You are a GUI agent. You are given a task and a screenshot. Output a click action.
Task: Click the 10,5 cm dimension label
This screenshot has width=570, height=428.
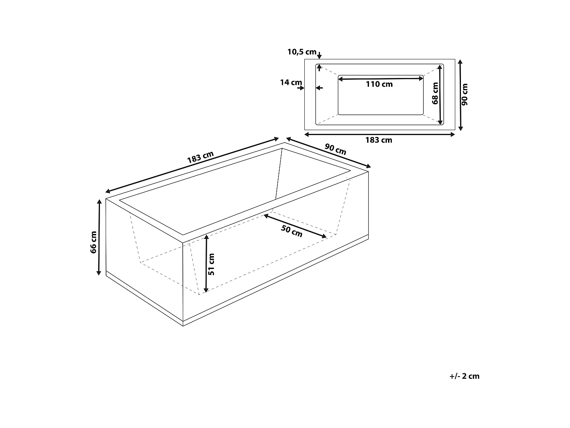[302, 52]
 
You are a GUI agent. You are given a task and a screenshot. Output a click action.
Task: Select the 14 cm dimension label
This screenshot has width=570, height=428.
[291, 82]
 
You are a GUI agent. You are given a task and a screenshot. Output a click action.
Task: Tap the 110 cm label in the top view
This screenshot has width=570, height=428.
[379, 84]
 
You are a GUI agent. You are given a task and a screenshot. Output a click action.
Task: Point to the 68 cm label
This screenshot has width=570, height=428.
[435, 94]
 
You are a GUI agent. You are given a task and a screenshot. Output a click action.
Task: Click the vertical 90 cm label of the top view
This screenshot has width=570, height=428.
[465, 94]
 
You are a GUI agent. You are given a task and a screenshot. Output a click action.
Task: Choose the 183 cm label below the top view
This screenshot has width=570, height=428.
[378, 140]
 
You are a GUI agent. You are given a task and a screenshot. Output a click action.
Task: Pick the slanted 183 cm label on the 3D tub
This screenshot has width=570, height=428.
[200, 158]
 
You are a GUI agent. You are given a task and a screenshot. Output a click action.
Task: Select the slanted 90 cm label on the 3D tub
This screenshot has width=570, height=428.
[336, 149]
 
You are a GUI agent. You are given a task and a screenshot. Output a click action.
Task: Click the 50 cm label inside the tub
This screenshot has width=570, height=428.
[292, 231]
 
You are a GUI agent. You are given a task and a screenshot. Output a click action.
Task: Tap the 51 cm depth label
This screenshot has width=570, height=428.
[212, 264]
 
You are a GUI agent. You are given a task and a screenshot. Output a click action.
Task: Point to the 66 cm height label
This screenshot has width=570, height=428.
[93, 242]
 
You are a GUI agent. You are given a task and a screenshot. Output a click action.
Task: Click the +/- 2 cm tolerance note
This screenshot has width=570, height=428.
[464, 376]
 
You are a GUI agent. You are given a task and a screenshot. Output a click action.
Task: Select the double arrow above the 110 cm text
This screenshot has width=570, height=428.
[380, 79]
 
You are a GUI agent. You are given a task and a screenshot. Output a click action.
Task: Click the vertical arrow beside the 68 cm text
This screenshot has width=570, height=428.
[440, 94]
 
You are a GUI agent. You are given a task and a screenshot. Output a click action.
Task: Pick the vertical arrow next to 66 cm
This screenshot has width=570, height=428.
[99, 237]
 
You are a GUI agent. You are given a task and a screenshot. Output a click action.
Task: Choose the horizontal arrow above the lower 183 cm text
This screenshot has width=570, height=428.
[380, 134]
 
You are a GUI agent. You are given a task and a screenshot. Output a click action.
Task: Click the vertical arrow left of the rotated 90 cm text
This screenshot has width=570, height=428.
[461, 94]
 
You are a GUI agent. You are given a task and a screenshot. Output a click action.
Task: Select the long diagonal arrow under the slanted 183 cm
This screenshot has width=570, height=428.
[192, 164]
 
